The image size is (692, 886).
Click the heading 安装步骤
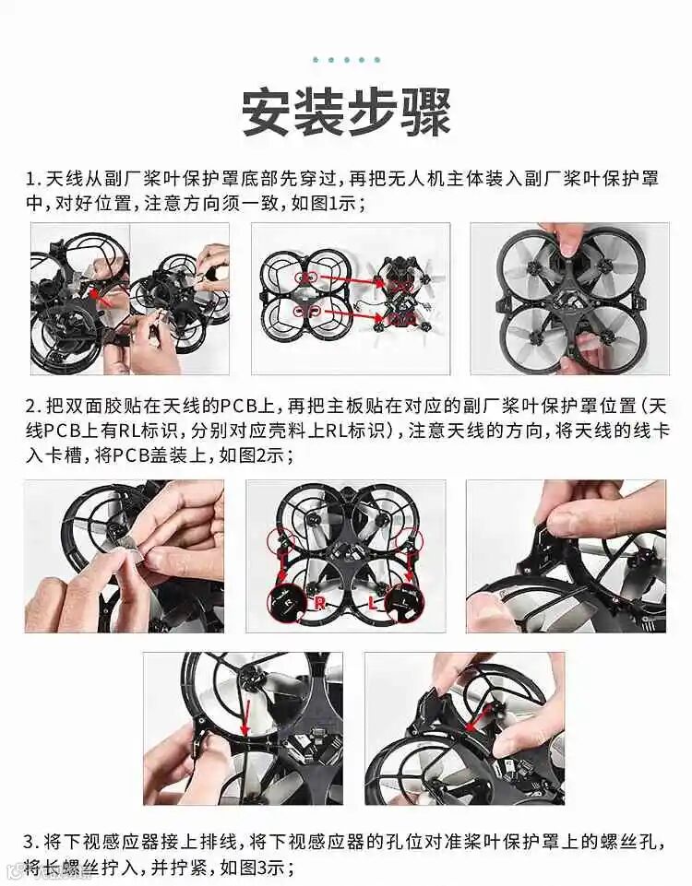(x=346, y=112)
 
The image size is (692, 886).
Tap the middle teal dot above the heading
(x=346, y=59)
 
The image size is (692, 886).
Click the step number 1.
(x=30, y=179)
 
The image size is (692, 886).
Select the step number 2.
(x=31, y=407)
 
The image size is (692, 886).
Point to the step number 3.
(x=30, y=842)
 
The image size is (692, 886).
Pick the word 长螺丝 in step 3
(x=73, y=867)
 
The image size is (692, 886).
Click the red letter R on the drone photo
(x=320, y=604)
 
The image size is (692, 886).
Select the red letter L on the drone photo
(x=372, y=604)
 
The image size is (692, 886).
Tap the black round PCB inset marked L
(x=404, y=604)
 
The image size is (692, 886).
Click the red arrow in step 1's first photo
(x=102, y=300)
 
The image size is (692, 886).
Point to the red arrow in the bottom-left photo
(x=247, y=709)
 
